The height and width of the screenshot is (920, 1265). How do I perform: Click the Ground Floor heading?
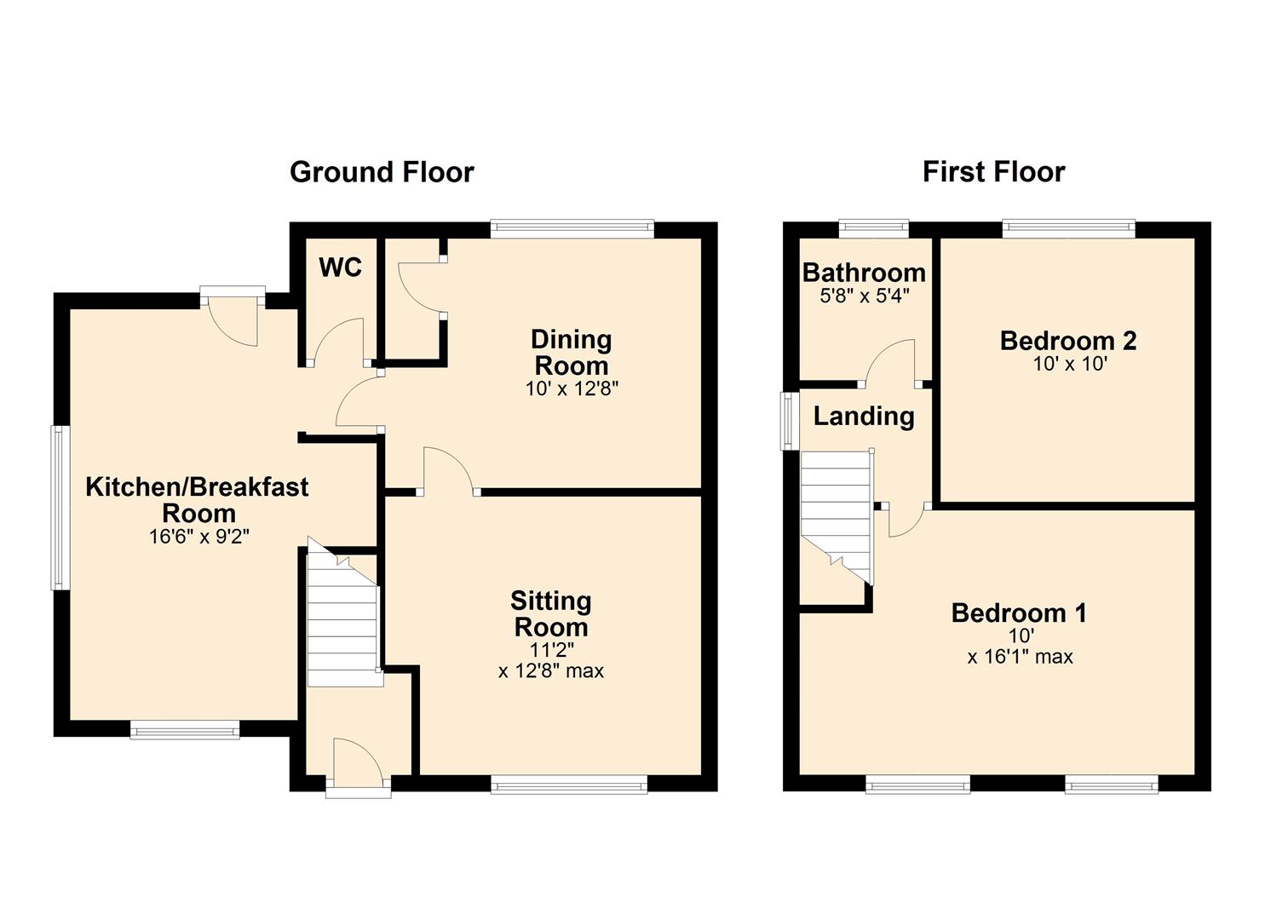coord(382,172)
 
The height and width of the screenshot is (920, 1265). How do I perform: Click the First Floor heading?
coord(993,172)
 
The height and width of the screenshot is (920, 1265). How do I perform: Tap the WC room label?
coord(340,267)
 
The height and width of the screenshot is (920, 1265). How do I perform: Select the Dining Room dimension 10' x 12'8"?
coord(572,389)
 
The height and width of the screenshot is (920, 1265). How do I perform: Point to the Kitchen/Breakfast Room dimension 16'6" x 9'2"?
coord(198,537)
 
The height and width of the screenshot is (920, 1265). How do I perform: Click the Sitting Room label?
coord(550,614)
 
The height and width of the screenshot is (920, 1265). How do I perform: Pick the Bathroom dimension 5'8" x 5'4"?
coord(864,296)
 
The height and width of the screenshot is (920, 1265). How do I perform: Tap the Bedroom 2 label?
coord(1068,341)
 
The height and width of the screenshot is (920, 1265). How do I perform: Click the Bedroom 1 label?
coord(1019,613)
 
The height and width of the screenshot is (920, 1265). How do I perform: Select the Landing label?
coord(864,417)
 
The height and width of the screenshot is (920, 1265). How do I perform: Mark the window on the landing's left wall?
coord(791,420)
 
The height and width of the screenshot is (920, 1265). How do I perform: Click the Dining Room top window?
coord(572,227)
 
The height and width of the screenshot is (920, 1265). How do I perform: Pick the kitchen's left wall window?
coord(59,508)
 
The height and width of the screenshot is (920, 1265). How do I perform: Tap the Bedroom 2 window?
coord(1068,227)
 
